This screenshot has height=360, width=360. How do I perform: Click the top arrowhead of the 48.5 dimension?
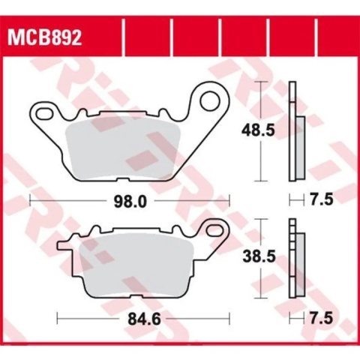pyautogui.click(x=260, y=82)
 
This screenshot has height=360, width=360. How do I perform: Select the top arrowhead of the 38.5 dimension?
pyautogui.click(x=260, y=220)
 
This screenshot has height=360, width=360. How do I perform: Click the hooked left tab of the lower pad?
pyautogui.click(x=65, y=243)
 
